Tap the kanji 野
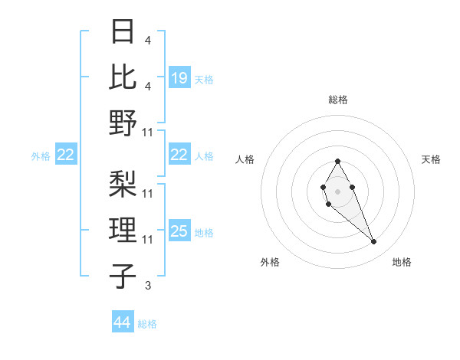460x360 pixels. click(123, 123)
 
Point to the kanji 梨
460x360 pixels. click(123, 183)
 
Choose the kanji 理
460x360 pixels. click(123, 229)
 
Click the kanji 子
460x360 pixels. click(123, 276)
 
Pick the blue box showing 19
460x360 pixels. click(179, 77)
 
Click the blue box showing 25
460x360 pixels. click(179, 231)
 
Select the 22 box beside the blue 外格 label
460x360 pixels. click(65, 155)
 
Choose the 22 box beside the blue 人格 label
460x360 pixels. click(179, 155)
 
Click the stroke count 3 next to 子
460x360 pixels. click(147, 286)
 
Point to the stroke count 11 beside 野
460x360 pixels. click(148, 133)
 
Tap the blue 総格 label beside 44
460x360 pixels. click(147, 324)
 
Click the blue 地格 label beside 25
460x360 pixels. click(204, 232)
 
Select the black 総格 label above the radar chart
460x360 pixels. click(338, 100)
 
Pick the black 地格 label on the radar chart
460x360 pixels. click(402, 262)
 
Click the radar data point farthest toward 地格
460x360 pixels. click(374, 242)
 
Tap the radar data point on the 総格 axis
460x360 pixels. click(338, 161)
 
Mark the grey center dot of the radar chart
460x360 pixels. click(338, 190)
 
